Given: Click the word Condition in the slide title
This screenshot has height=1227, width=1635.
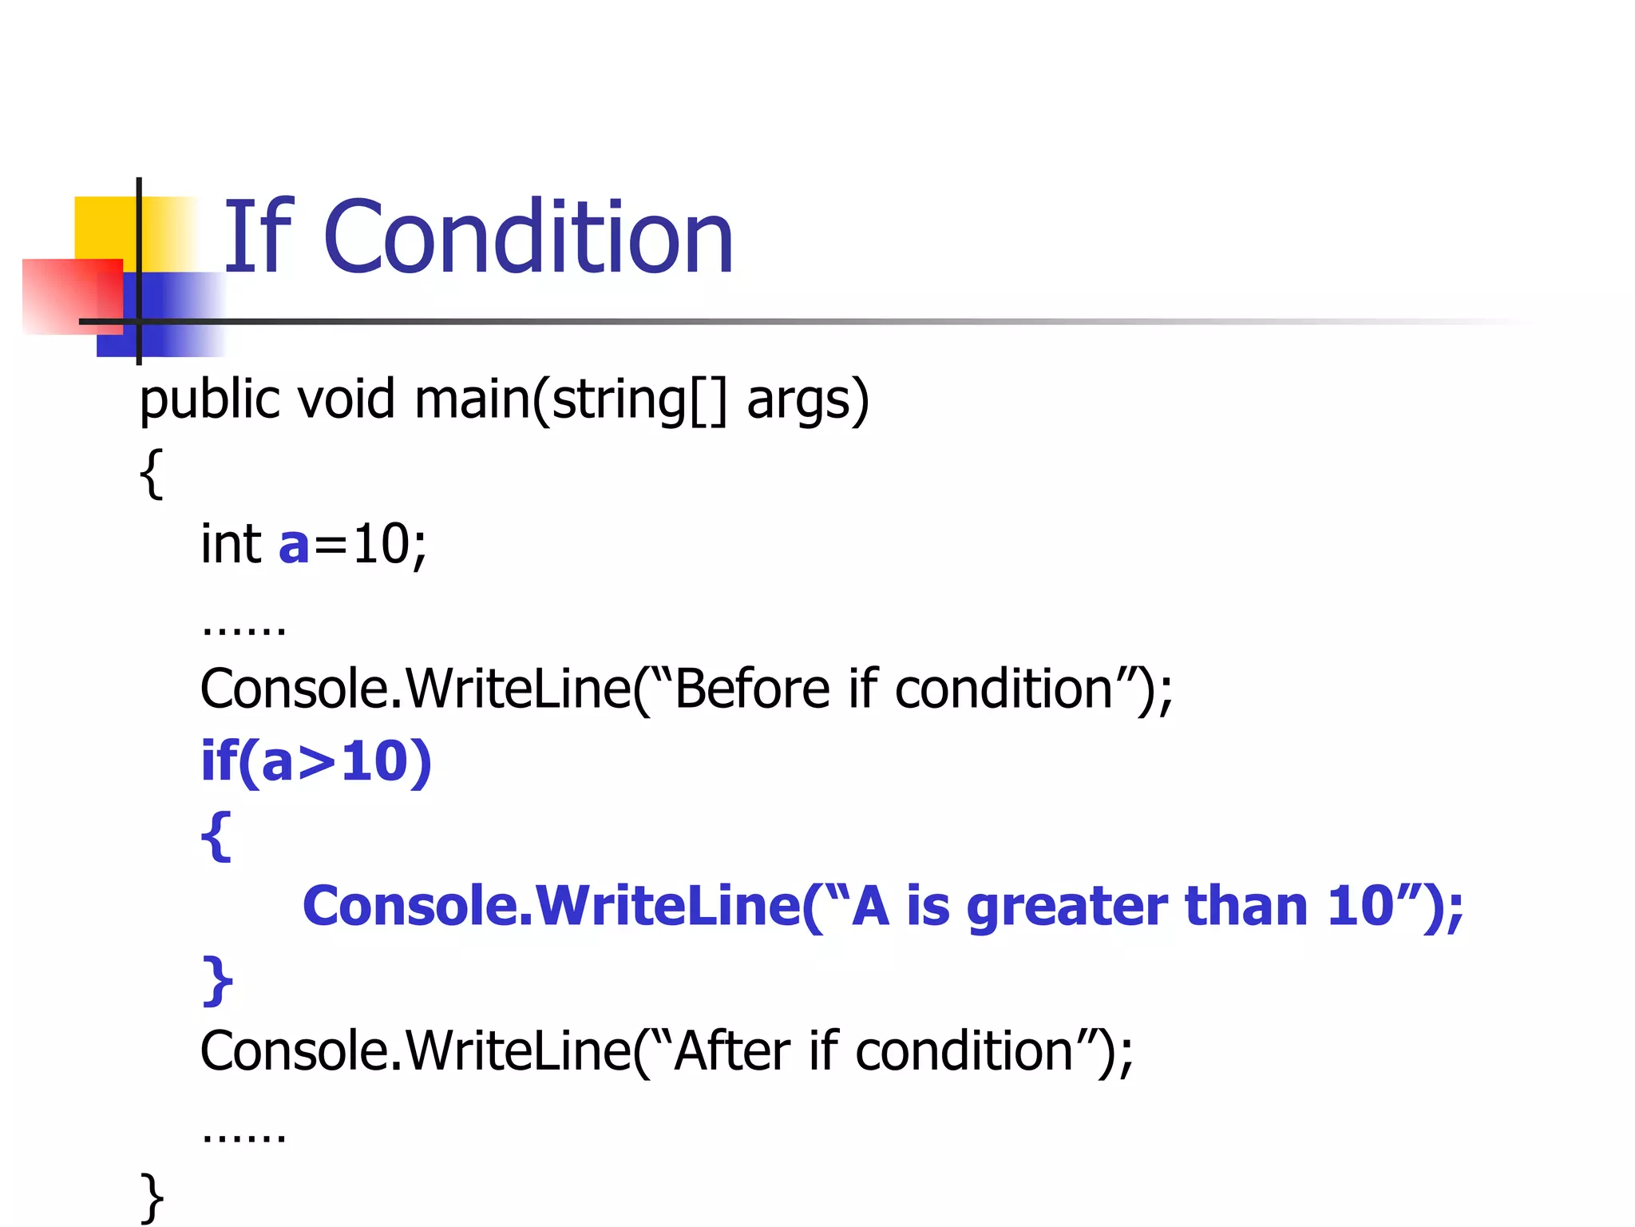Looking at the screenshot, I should [528, 237].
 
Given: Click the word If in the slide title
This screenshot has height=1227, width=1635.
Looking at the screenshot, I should [257, 237].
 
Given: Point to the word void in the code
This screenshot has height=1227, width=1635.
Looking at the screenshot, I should [346, 399].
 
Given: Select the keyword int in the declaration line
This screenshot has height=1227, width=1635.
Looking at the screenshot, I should [231, 544].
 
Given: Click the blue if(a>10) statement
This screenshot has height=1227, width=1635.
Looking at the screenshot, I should [316, 761].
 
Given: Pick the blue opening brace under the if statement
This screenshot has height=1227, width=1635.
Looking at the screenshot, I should [216, 836].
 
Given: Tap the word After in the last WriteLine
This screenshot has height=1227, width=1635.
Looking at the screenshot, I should [732, 1050].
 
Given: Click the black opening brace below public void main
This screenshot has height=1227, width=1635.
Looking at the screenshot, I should [151, 474].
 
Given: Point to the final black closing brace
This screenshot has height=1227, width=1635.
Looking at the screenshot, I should [152, 1197].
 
